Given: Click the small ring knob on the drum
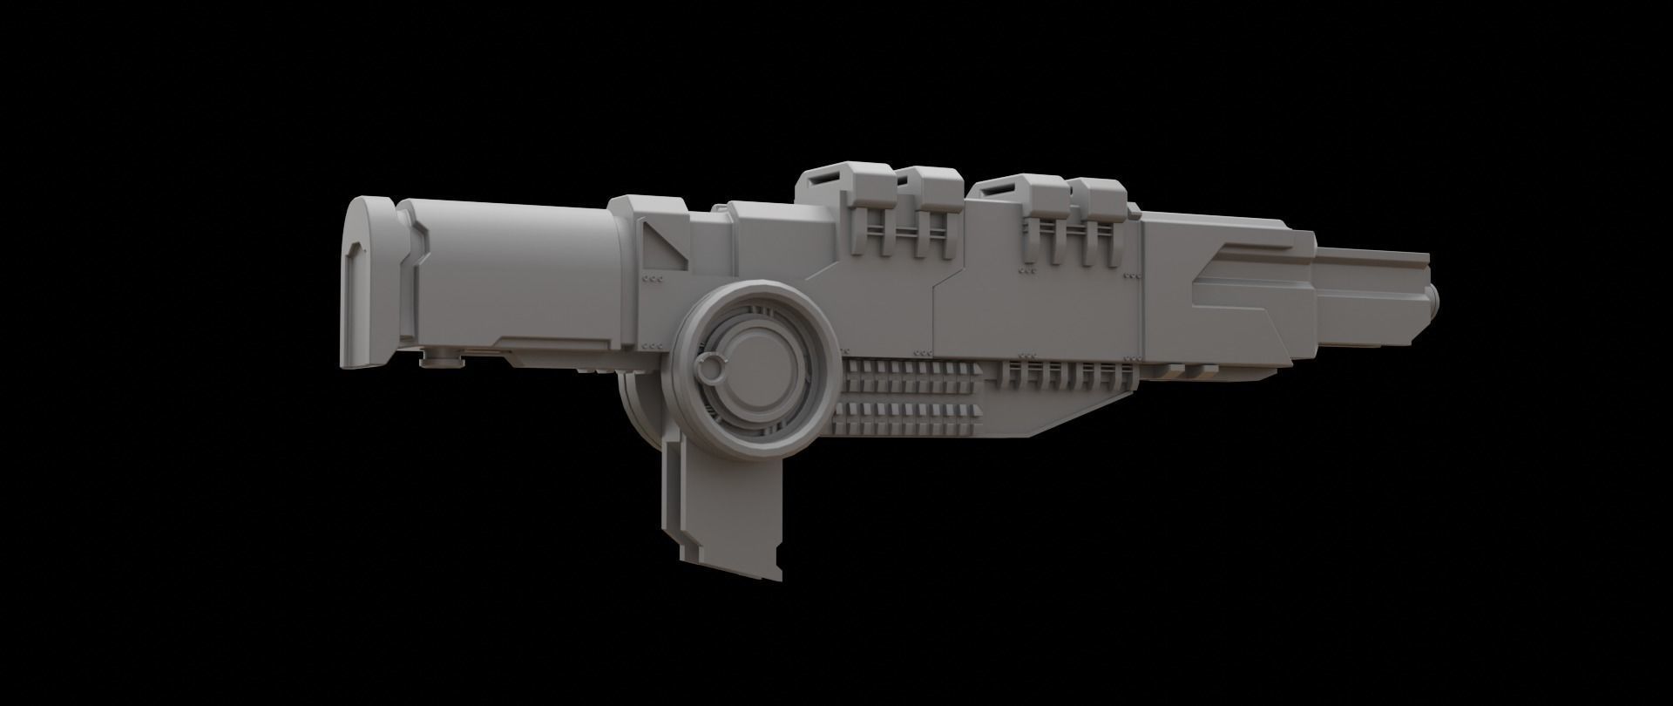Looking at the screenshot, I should pyautogui.click(x=711, y=369).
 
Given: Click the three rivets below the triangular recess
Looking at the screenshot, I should pyautogui.click(x=652, y=279).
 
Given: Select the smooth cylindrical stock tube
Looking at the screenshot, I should pyautogui.click(x=514, y=270).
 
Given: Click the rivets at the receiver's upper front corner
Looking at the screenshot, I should pyautogui.click(x=1132, y=275).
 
